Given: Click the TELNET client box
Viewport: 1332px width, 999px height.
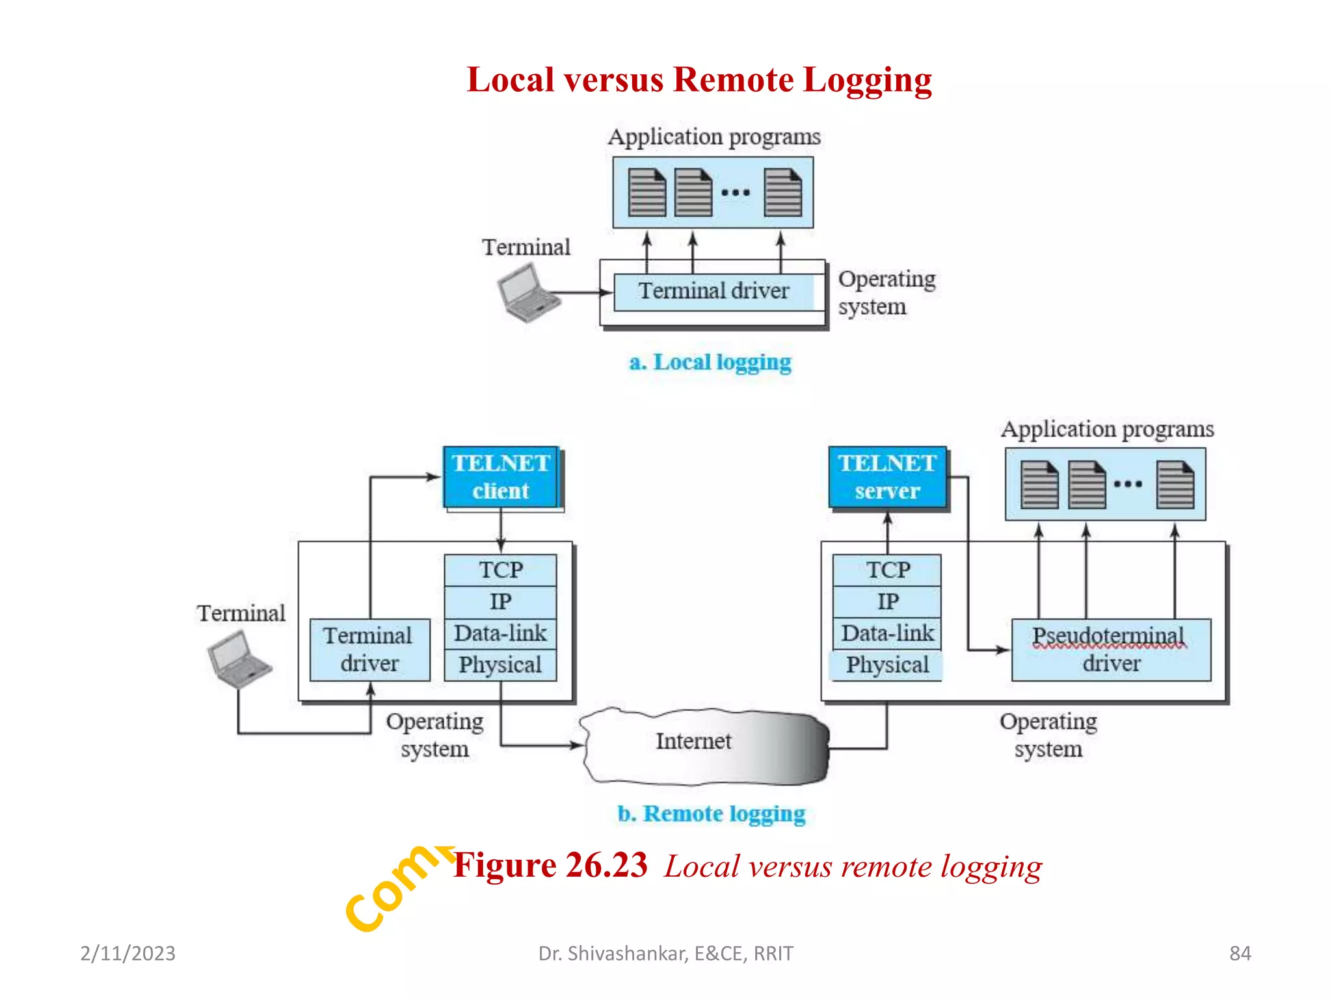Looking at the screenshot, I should [x=501, y=477].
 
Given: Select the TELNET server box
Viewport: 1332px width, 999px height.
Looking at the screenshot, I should [x=887, y=477].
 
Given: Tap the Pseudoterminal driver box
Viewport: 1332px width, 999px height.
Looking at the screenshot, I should [x=1111, y=650].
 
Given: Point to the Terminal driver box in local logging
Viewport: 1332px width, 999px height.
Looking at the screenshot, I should [x=713, y=291].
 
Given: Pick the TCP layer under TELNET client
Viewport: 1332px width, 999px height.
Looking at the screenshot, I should [x=501, y=570].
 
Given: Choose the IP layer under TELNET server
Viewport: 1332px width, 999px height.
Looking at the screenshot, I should [x=887, y=602].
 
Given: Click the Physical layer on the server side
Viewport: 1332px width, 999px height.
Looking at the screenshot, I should [x=887, y=665].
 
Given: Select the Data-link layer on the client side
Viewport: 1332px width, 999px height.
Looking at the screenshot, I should [x=501, y=633].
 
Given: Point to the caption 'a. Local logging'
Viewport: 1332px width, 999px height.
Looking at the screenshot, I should [x=710, y=362].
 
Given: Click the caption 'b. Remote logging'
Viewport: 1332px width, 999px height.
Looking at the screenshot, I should [x=711, y=814].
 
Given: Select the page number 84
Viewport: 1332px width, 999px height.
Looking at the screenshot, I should [x=1240, y=953].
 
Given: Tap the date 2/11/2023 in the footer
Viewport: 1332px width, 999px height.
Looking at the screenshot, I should [x=127, y=953].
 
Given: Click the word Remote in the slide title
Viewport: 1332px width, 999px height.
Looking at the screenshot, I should [x=733, y=80].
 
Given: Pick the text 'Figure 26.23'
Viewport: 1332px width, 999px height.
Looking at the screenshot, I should [x=550, y=866].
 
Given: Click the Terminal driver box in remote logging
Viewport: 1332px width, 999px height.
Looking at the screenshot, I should [x=369, y=650].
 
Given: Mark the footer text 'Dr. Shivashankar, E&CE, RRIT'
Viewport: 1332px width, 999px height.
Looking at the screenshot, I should [x=665, y=953].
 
